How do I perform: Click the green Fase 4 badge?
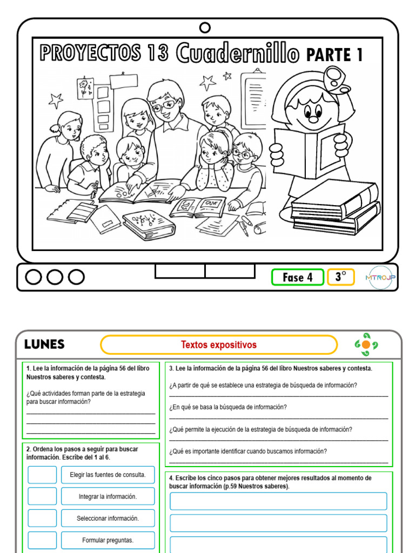(x=297, y=277)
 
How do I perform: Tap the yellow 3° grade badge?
(x=340, y=277)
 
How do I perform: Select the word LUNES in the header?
(x=44, y=345)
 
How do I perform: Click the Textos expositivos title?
(x=218, y=345)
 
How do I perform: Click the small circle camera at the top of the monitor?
(x=205, y=28)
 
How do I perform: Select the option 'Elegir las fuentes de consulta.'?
(x=108, y=475)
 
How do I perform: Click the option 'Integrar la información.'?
(x=108, y=496)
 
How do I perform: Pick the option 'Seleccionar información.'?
(x=108, y=518)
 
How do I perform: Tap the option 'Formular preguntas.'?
(x=108, y=540)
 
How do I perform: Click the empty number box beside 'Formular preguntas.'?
(x=42, y=540)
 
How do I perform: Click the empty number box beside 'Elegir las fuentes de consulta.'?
(x=42, y=475)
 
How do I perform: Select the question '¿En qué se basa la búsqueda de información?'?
(x=228, y=407)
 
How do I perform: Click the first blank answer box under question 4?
(x=278, y=501)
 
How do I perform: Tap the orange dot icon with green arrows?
(x=366, y=345)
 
